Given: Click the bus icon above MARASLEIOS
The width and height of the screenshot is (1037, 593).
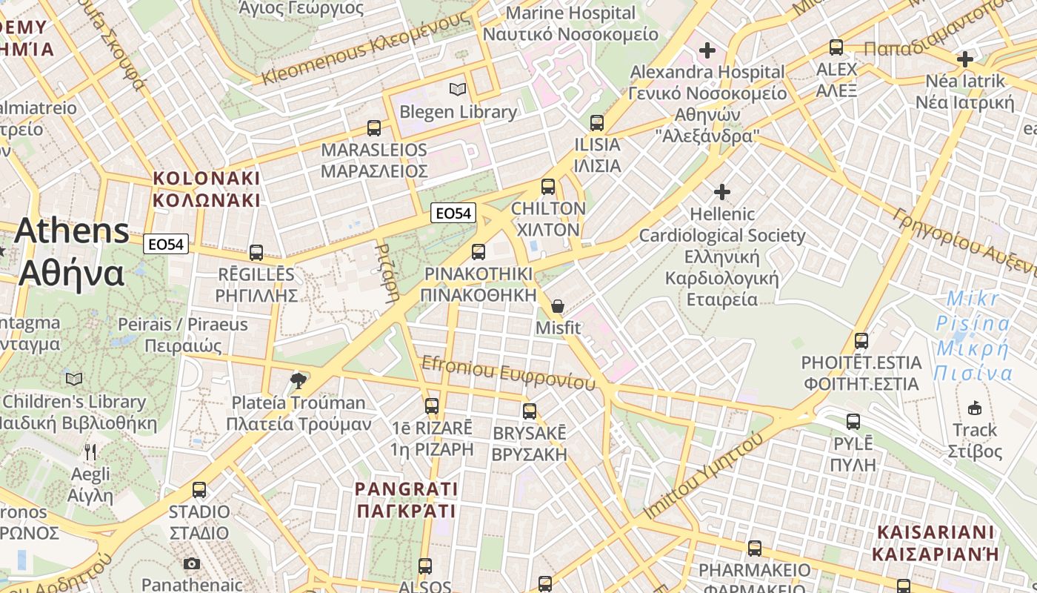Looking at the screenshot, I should tap(374, 127).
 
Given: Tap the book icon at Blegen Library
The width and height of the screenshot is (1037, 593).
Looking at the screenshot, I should tap(459, 90).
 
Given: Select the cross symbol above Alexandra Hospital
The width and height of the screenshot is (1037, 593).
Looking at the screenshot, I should tap(707, 50).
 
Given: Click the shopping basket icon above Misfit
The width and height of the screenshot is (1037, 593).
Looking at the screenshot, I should tap(558, 306).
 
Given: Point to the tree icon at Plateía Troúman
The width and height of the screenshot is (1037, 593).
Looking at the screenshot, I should tap(299, 381).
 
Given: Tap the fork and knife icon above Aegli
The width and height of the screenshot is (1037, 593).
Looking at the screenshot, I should tap(90, 451).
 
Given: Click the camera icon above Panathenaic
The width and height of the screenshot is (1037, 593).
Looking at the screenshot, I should tap(192, 563).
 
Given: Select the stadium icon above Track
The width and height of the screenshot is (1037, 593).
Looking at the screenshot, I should tap(975, 408).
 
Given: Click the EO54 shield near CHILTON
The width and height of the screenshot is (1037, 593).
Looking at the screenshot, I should tap(453, 213).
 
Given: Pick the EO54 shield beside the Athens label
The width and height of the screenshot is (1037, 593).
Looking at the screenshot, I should tap(167, 244).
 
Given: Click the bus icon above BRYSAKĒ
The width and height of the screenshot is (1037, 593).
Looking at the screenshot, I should tap(530, 411).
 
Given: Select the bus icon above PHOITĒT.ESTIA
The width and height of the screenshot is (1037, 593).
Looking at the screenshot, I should tap(861, 341).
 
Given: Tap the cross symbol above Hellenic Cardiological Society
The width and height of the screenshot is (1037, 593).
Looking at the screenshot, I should tap(722, 192).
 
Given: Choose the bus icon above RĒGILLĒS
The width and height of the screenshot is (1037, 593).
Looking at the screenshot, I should tap(256, 253).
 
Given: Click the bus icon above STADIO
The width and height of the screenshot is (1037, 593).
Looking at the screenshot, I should tap(199, 489).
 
